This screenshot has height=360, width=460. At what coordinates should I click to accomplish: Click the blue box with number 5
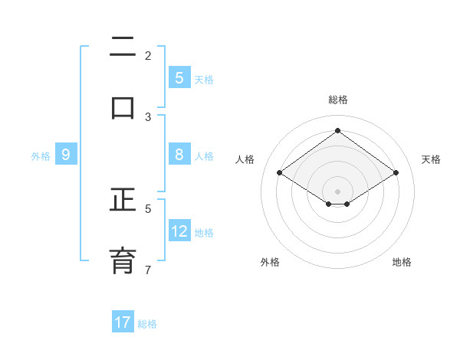(x=179, y=78)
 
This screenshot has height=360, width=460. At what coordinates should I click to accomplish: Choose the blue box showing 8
(x=179, y=155)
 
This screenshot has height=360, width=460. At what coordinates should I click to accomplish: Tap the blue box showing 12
(x=179, y=231)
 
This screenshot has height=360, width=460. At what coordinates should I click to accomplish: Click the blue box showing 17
(x=123, y=322)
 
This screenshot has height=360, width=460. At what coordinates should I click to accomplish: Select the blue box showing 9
(x=66, y=155)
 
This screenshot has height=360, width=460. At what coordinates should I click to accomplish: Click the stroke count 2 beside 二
(x=148, y=56)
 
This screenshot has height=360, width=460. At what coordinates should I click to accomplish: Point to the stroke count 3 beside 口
(x=148, y=117)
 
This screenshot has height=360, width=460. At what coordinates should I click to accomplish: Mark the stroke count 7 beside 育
(x=148, y=270)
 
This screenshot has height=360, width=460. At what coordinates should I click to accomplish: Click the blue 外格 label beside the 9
(x=41, y=155)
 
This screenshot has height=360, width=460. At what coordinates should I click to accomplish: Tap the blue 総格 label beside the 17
(x=147, y=323)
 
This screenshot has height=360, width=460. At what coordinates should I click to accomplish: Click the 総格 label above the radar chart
(x=337, y=100)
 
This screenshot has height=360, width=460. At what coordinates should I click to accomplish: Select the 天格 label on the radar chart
(x=431, y=159)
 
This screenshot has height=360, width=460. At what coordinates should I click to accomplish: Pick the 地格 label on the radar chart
(x=402, y=262)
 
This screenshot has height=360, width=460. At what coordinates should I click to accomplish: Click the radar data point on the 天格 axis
(x=396, y=173)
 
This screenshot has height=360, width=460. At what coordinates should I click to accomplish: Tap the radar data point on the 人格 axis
(x=280, y=173)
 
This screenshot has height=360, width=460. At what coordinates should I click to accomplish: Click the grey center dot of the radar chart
(x=337, y=191)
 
